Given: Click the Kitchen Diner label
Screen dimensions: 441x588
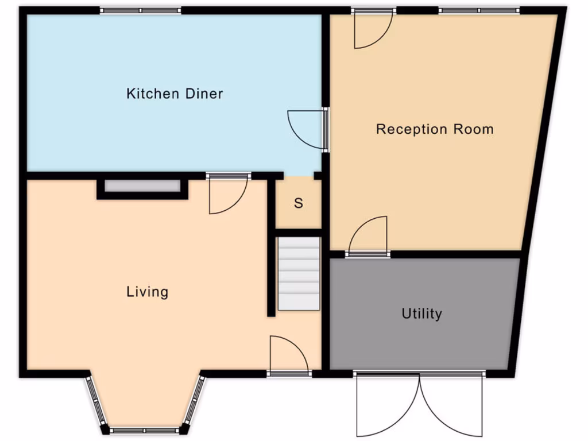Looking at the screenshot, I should click(175, 94).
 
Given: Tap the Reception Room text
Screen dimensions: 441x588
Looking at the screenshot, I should click(435, 129).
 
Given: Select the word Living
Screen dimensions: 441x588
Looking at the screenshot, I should click(148, 292).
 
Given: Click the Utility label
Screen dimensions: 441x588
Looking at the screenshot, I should click(421, 314).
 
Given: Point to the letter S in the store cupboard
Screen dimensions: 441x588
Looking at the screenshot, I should click(299, 203).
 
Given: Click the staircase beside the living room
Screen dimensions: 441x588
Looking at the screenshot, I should click(299, 273).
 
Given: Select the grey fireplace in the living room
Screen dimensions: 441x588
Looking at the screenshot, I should click(142, 187).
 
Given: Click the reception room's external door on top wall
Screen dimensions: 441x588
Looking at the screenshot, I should click(373, 29).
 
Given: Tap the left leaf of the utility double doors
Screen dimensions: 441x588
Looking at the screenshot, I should click(386, 405).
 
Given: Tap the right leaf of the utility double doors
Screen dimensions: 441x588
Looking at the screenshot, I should click(452, 405).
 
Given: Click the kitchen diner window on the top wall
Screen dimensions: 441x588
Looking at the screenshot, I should click(141, 10).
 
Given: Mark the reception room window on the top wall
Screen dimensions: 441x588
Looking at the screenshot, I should click(479, 10).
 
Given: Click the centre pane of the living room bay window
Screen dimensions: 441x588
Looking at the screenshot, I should click(145, 430).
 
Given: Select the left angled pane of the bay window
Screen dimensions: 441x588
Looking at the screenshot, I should click(96, 402).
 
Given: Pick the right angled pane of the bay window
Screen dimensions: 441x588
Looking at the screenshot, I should click(194, 402).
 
